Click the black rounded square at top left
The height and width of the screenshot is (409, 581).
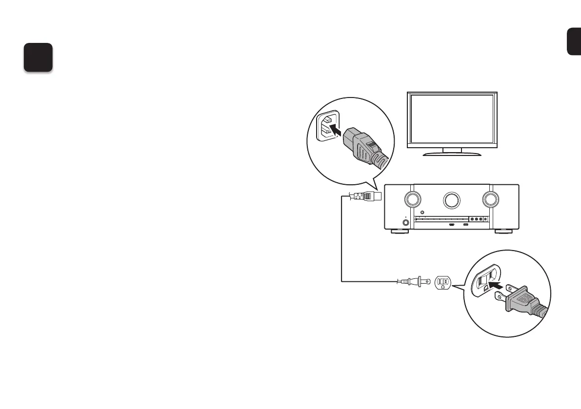(39, 58)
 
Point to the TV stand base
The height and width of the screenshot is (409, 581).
(452, 154)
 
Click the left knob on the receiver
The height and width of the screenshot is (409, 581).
(412, 199)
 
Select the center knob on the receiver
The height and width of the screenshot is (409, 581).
(451, 199)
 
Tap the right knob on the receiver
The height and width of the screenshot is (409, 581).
(490, 199)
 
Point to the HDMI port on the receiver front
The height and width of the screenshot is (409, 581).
(452, 225)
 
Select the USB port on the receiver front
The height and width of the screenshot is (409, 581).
(466, 225)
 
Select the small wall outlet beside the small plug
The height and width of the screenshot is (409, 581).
(443, 282)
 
